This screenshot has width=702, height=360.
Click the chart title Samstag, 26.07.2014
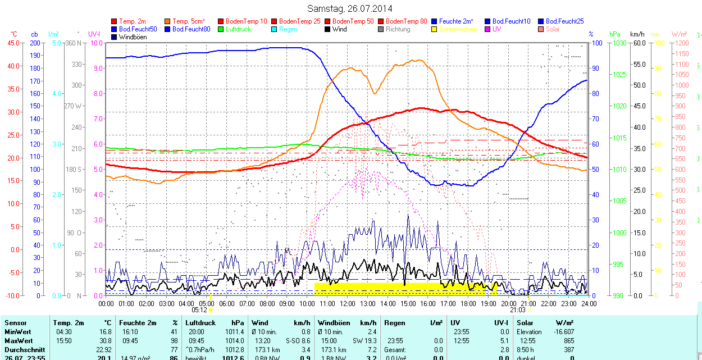click(350, 8)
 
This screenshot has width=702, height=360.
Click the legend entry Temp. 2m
click(130, 21)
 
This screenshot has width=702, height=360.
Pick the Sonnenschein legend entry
click(458, 29)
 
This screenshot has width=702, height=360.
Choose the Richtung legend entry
click(398, 29)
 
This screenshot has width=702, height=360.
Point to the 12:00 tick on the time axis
click(348, 303)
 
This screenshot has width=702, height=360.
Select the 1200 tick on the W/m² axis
click(680, 43)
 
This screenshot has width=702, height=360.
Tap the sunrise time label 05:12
click(199, 309)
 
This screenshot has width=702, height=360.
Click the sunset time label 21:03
click(517, 309)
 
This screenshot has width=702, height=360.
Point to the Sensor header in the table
click(15, 323)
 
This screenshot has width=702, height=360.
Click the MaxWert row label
click(19, 340)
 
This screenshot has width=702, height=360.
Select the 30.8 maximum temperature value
click(106, 340)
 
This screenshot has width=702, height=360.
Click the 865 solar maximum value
click(568, 340)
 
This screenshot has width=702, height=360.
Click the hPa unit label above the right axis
click(616, 34)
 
